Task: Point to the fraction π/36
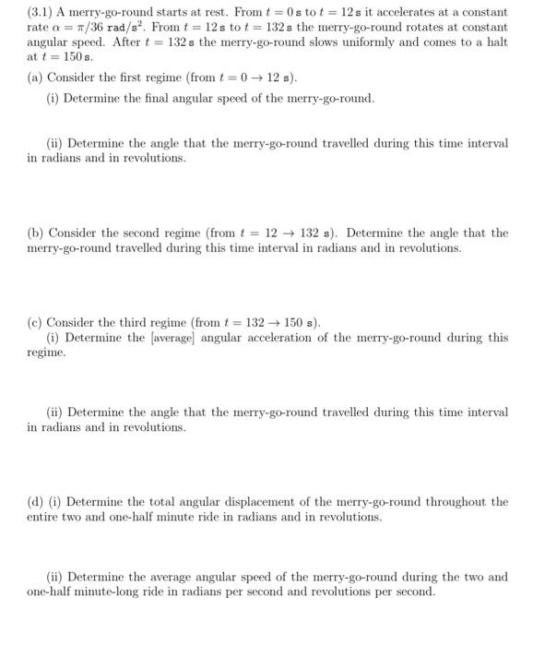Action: (90, 28)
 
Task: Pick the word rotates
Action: (405, 28)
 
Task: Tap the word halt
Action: (493, 43)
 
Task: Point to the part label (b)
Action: (35, 233)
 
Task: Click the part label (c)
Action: (35, 322)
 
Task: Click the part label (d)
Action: (35, 501)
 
